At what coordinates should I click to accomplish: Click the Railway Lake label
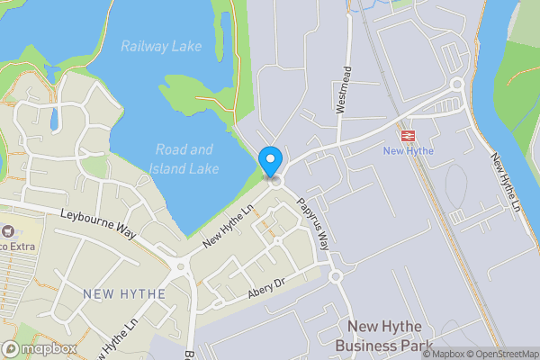coord(161,46)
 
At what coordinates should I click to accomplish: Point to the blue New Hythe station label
coord(409,150)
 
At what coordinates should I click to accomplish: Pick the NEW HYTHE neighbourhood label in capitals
coord(124,293)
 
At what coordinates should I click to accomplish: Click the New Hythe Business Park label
coord(384,335)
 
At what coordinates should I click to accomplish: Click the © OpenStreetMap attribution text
coord(501,354)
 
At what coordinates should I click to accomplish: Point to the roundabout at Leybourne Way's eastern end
coord(181,266)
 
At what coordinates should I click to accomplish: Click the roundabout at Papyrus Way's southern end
coord(337,276)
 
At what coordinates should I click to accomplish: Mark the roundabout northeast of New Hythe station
coord(456,85)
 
